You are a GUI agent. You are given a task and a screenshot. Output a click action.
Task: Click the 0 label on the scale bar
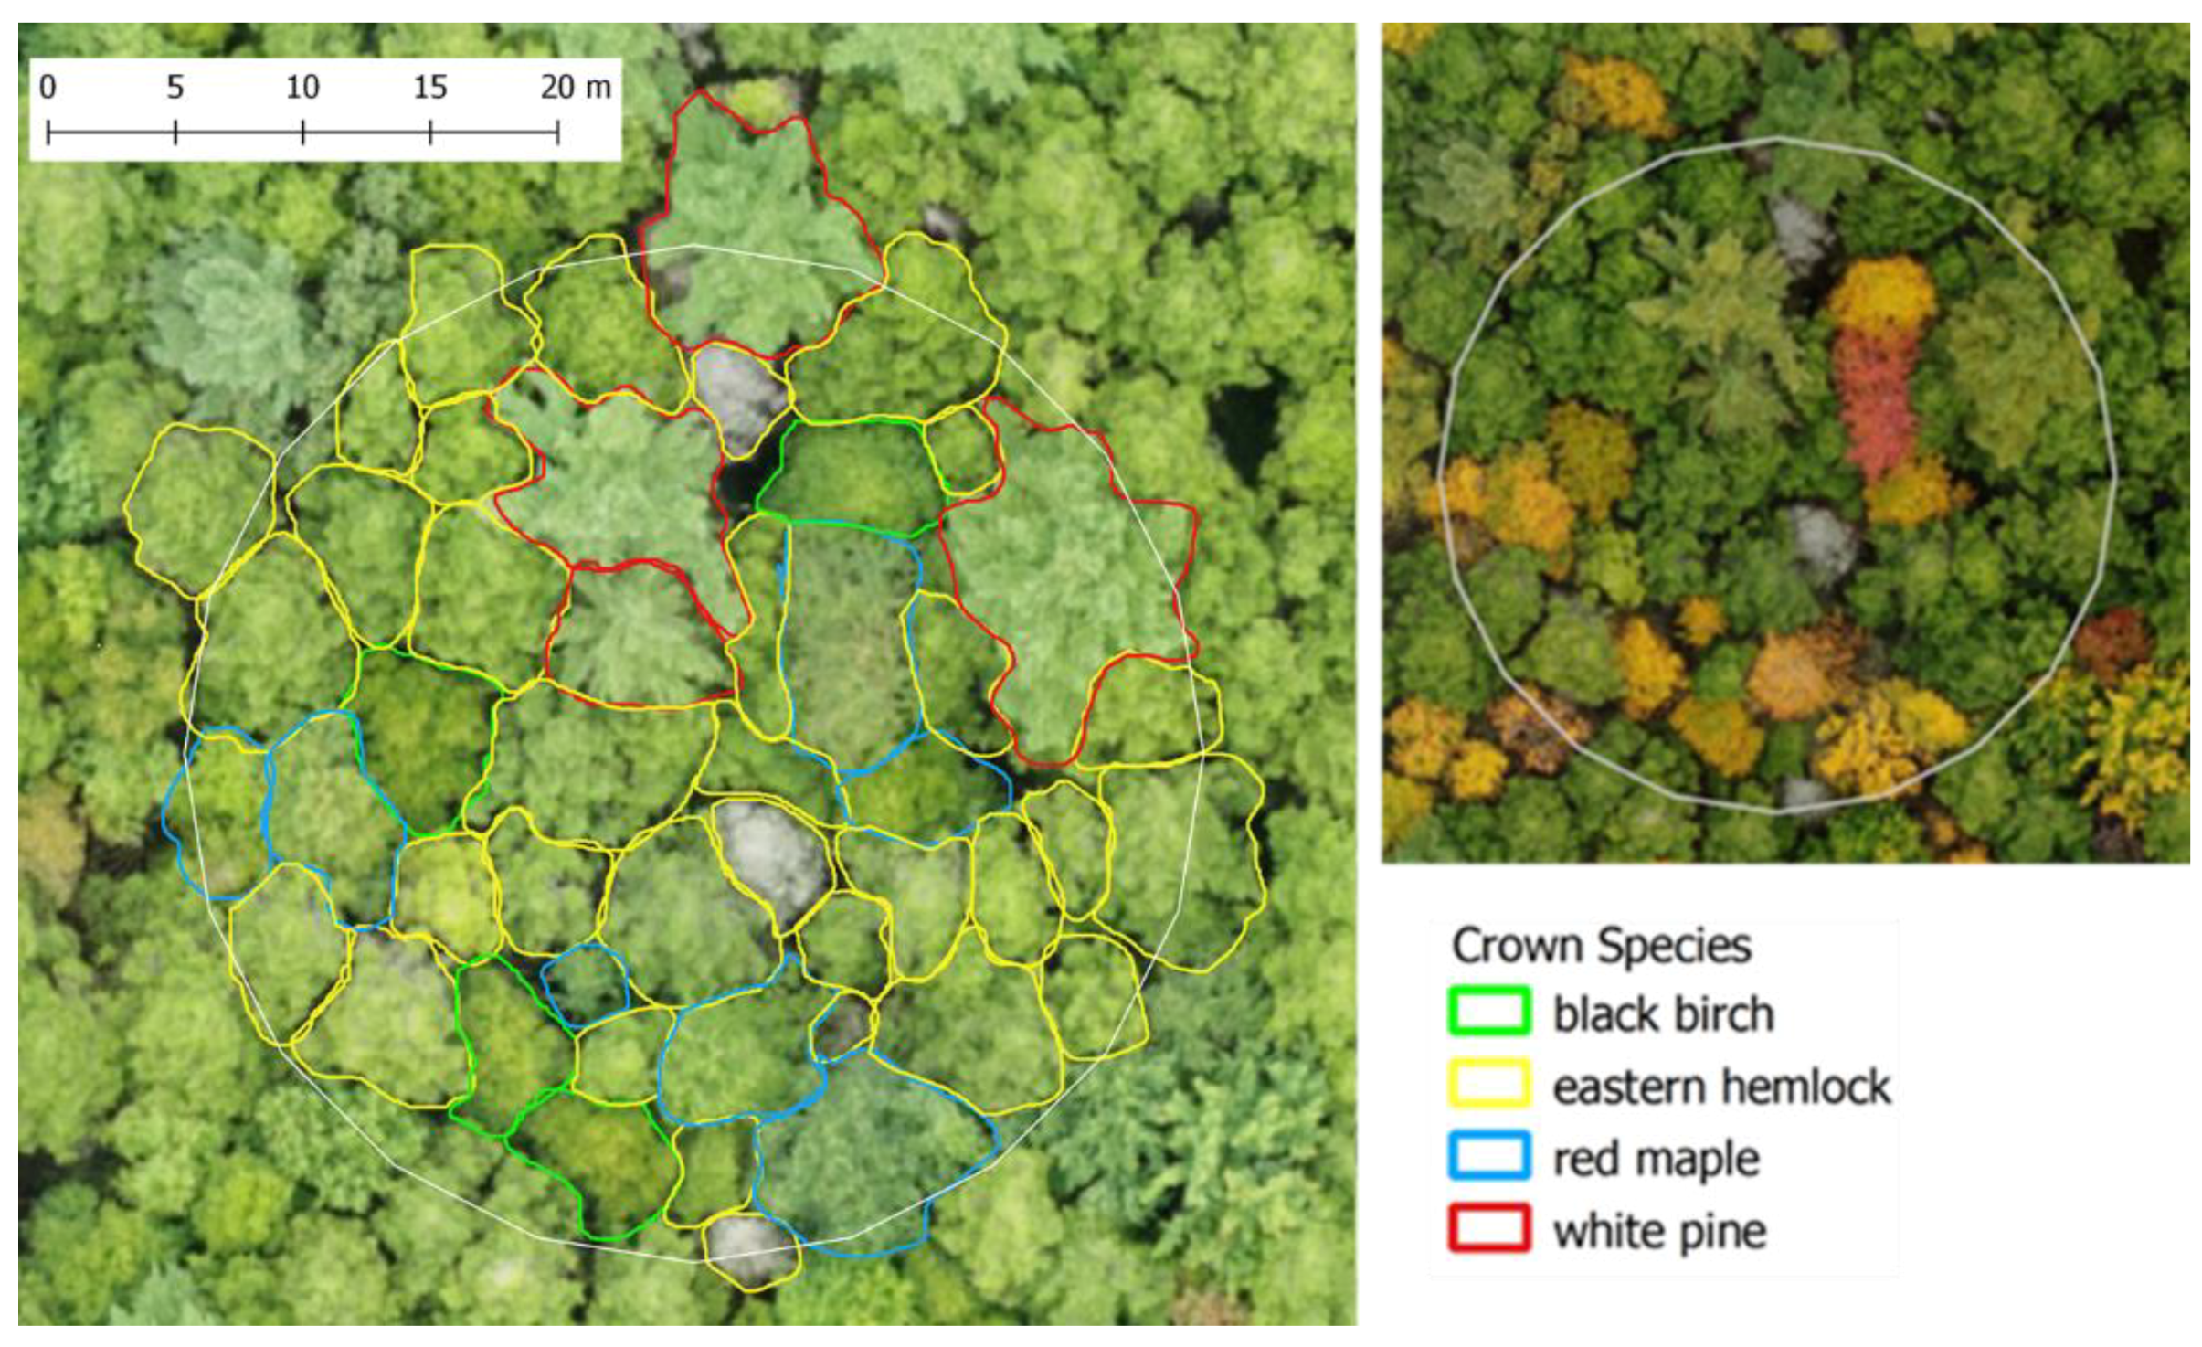(x=48, y=88)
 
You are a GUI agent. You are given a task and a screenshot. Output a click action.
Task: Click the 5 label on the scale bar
(x=175, y=88)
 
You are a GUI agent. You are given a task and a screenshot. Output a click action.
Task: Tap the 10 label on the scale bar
(x=302, y=88)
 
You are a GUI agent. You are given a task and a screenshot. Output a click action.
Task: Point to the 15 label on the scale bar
(x=430, y=88)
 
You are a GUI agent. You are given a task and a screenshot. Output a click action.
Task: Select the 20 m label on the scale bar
(x=575, y=88)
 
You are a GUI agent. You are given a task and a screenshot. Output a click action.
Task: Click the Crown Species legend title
(x=1601, y=946)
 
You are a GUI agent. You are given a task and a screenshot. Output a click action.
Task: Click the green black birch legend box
(x=1489, y=1012)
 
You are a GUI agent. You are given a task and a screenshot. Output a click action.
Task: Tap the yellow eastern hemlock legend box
(x=1489, y=1084)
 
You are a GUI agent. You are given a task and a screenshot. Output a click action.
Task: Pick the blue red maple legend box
(x=1489, y=1156)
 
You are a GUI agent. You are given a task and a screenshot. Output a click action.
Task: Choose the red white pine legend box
(x=1489, y=1228)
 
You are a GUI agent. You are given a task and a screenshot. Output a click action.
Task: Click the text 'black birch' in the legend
(x=1663, y=1014)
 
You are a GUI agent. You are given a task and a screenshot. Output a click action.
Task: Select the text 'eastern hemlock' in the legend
(x=1721, y=1087)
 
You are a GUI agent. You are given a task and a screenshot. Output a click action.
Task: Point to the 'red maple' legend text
(x=1656, y=1159)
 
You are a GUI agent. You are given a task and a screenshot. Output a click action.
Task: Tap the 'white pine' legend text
(x=1659, y=1231)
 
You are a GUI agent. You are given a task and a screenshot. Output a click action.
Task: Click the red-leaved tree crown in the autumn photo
(x=1875, y=402)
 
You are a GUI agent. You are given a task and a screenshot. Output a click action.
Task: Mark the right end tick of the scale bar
(x=557, y=133)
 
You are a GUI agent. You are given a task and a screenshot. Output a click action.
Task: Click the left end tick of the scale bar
(x=48, y=133)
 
